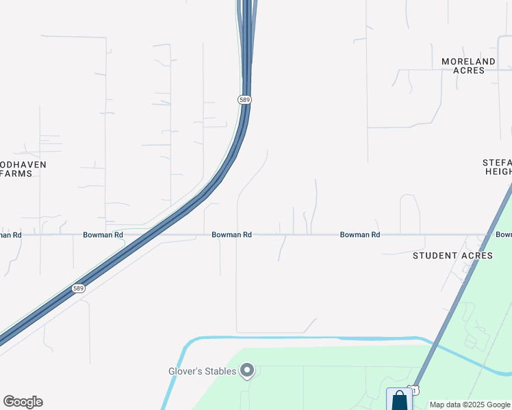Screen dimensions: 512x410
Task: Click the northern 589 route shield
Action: point(245,100)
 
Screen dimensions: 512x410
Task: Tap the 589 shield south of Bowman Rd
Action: point(79,289)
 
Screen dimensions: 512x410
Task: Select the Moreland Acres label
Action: point(468,66)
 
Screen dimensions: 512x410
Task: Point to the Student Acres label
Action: point(452,256)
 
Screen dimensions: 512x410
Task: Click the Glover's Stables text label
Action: point(203,372)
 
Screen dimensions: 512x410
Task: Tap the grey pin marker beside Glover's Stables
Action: point(248,371)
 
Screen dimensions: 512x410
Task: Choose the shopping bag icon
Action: point(399,400)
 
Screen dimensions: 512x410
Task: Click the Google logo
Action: point(23,402)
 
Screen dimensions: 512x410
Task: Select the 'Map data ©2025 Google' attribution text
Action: point(470,405)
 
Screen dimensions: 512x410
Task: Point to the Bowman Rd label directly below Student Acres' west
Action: point(360,235)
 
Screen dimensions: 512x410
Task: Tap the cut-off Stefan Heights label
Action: point(498,167)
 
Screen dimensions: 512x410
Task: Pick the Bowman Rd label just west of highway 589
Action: point(103,235)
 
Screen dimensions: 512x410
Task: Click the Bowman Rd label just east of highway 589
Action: point(231,235)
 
